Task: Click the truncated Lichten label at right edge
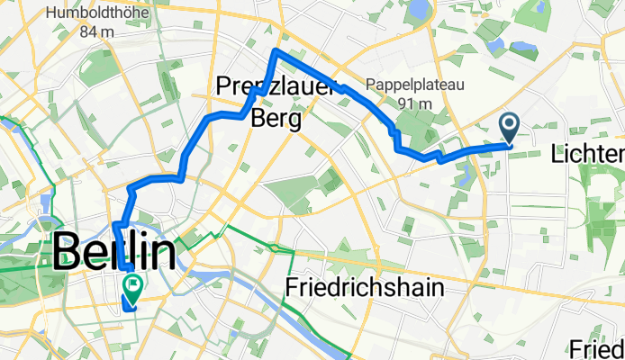(x=587, y=154)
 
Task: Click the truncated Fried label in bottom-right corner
(x=598, y=348)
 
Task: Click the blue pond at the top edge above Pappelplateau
(x=420, y=11)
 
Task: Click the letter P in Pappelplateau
(x=370, y=85)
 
